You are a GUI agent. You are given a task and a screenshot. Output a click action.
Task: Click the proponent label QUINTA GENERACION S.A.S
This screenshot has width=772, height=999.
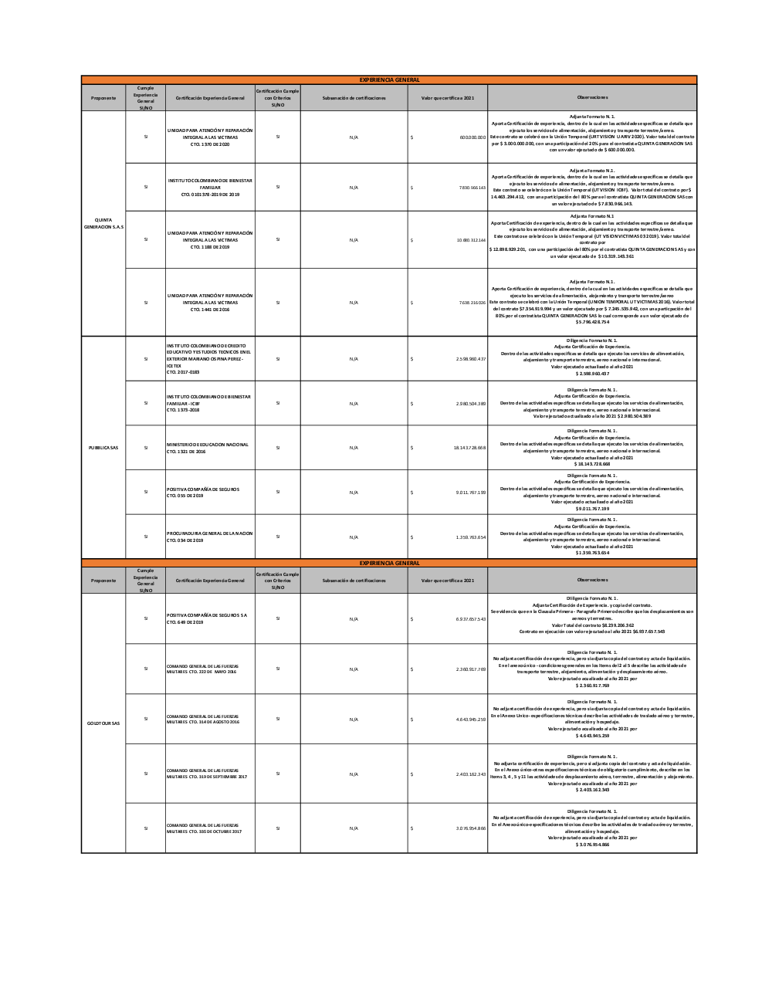(103, 223)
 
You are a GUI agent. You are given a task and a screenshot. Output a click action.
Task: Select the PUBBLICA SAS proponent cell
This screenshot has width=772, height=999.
(103, 448)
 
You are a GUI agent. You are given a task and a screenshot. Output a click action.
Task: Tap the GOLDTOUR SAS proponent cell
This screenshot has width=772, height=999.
(103, 723)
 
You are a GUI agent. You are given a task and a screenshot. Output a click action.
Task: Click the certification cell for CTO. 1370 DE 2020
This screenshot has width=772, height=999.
(210, 137)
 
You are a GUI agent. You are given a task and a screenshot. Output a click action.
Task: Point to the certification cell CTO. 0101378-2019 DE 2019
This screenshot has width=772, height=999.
(210, 187)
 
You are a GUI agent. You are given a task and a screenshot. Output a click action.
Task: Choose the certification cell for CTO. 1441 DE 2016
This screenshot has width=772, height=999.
(210, 303)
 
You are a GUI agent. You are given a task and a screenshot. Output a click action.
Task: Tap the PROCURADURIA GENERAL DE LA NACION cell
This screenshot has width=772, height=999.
(209, 537)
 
